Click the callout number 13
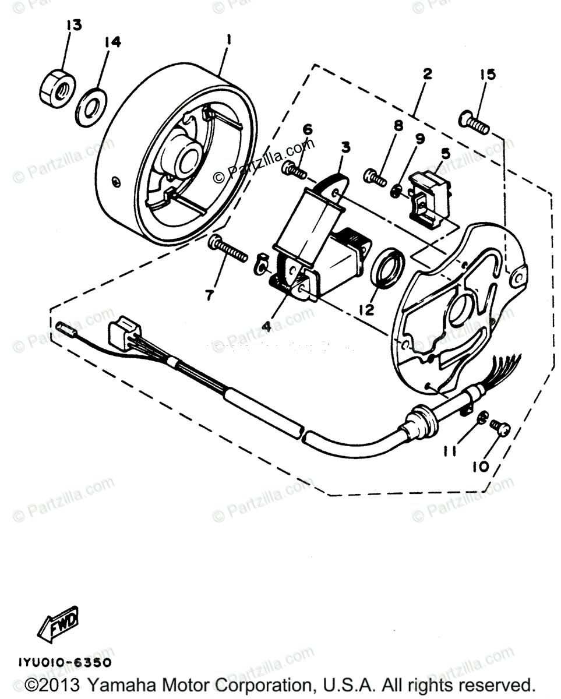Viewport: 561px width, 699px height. coord(75,25)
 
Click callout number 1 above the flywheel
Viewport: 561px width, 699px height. coord(229,40)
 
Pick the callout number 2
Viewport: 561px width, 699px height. coord(428,74)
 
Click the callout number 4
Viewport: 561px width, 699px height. coord(266,327)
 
